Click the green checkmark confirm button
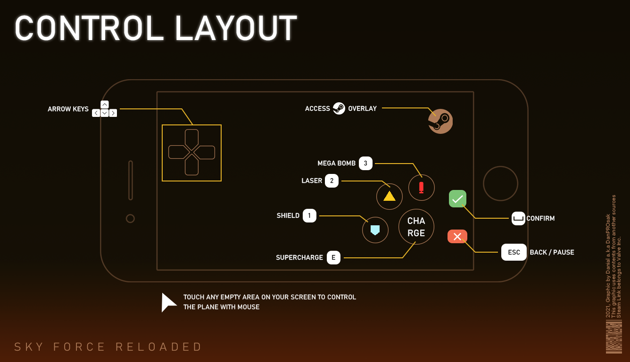(457, 199)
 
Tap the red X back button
(457, 237)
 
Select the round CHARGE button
(416, 227)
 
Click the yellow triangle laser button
(390, 196)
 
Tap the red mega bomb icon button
(421, 187)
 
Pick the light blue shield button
(375, 230)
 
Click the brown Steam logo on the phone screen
(440, 122)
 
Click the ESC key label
(514, 252)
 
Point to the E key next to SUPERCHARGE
(333, 257)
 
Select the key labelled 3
(365, 163)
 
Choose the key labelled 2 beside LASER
(332, 181)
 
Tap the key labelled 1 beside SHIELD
(309, 215)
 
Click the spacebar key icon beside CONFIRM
(518, 218)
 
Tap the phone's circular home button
(500, 183)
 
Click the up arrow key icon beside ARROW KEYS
(105, 105)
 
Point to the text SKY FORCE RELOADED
(108, 347)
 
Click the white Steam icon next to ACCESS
(339, 108)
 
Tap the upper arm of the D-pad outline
(191, 138)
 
